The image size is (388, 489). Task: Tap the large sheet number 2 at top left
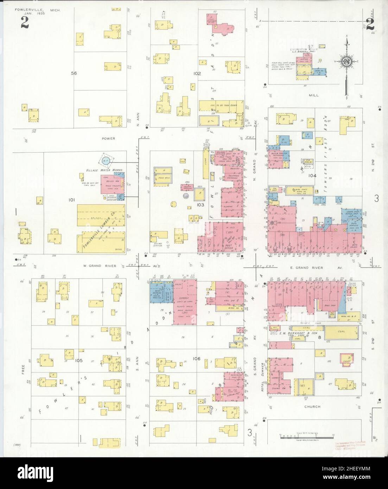(25, 22)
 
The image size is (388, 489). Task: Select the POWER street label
(108, 139)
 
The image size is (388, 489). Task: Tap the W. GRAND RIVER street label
(98, 266)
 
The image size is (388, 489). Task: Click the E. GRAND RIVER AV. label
(316, 268)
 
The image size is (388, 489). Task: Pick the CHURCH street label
(313, 407)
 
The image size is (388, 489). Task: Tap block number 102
(197, 74)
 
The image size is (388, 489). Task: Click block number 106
(197, 358)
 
